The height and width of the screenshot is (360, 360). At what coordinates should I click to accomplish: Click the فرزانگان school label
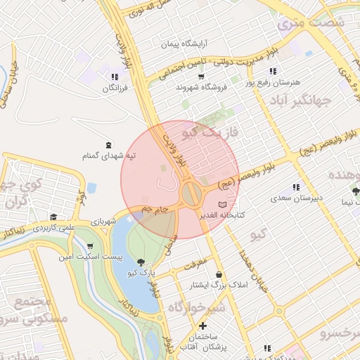click(113, 89)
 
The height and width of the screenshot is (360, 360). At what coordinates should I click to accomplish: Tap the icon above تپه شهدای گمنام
click(108, 144)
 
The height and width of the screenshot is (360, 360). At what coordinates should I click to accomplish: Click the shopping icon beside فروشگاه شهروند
click(201, 76)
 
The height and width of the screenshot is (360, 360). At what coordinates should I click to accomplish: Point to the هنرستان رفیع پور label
click(272, 82)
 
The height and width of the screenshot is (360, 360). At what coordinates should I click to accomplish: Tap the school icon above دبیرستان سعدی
click(296, 187)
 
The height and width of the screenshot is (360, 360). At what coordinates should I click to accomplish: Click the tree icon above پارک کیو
click(143, 261)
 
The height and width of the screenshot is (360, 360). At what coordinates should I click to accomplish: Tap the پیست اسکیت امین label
click(91, 258)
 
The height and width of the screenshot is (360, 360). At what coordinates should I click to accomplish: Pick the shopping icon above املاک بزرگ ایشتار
click(220, 274)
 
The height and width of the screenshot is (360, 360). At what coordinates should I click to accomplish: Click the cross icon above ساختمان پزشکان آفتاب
click(203, 326)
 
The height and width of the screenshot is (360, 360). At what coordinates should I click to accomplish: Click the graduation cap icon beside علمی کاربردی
click(53, 217)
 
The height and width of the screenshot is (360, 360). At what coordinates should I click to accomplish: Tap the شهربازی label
click(103, 221)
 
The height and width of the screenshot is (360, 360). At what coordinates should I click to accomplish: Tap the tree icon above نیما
click(355, 190)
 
